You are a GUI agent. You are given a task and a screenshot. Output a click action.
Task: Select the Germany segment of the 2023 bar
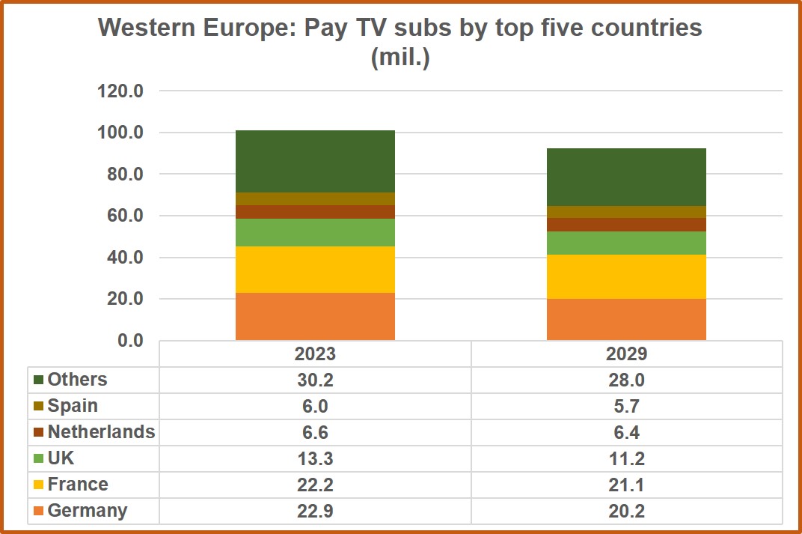[315, 316]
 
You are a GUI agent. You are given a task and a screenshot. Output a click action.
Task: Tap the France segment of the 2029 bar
[626, 276]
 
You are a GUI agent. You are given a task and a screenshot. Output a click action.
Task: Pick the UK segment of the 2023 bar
[315, 232]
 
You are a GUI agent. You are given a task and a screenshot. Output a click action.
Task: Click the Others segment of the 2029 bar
[626, 177]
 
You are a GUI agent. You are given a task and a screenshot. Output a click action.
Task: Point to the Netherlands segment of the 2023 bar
[315, 212]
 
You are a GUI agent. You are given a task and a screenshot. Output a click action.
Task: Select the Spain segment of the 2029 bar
[626, 212]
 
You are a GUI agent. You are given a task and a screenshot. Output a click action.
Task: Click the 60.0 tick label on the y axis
[124, 216]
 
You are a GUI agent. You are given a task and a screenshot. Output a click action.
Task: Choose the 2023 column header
[315, 354]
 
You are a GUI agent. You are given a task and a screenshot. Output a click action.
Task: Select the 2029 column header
[626, 354]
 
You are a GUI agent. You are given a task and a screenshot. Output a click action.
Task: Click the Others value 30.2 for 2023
[315, 380]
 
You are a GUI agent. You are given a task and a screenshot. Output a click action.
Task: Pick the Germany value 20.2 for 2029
[626, 511]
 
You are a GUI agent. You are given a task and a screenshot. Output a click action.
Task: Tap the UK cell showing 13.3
[315, 458]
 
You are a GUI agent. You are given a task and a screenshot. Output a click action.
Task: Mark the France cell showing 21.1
[626, 485]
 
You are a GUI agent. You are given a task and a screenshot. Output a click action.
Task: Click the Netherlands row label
[101, 432]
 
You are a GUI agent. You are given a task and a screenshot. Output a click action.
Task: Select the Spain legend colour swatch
[38, 407]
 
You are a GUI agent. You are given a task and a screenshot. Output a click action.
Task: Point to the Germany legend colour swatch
[38, 512]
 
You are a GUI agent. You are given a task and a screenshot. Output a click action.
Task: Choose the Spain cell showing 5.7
[626, 406]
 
